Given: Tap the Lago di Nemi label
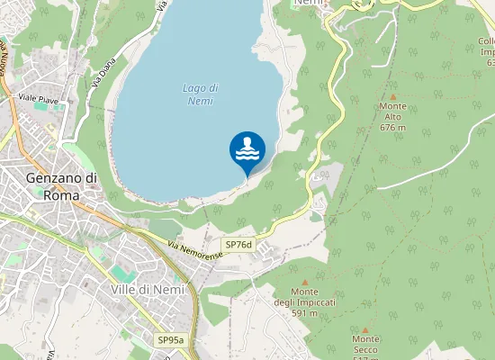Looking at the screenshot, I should pyautogui.click(x=200, y=94).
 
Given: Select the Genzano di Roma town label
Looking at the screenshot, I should pyautogui.click(x=61, y=186).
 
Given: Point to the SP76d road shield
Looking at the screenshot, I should pyautogui.click(x=239, y=245).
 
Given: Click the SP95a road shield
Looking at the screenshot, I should pyautogui.click(x=170, y=340).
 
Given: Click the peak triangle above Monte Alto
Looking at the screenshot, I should pyautogui.click(x=392, y=95).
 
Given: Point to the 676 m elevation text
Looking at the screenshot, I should pyautogui.click(x=392, y=128).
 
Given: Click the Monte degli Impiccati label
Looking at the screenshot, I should pyautogui.click(x=305, y=297).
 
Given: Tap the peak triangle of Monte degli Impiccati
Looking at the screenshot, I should pyautogui.click(x=305, y=281).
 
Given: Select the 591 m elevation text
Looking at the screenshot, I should pyautogui.click(x=305, y=313).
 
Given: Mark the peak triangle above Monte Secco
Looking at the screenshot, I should pyautogui.click(x=365, y=329).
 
